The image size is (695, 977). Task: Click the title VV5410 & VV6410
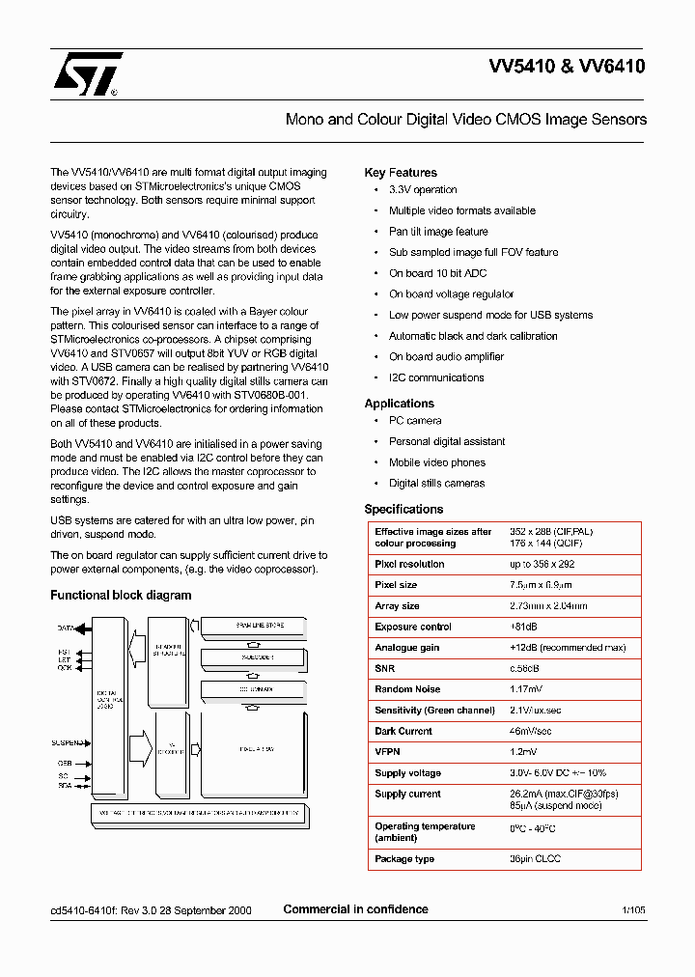pyautogui.click(x=567, y=68)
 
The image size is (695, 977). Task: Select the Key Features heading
pyautogui.click(x=401, y=173)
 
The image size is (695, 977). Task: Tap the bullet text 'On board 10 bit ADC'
pyautogui.click(x=437, y=273)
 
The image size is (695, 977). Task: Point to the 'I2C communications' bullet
pyautogui.click(x=436, y=377)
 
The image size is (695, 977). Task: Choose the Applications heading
pyautogui.click(x=399, y=404)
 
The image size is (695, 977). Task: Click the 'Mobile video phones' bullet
pyautogui.click(x=437, y=462)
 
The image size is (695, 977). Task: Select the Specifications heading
pyautogui.click(x=403, y=509)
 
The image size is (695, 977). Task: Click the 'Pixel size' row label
pyautogui.click(x=396, y=585)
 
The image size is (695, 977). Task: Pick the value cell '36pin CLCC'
pyautogui.click(x=535, y=859)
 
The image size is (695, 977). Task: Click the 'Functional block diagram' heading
pyautogui.click(x=121, y=596)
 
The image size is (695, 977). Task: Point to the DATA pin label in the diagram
pyautogui.click(x=66, y=628)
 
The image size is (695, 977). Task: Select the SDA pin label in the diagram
pyautogui.click(x=65, y=786)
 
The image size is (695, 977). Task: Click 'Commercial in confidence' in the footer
pyautogui.click(x=355, y=909)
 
